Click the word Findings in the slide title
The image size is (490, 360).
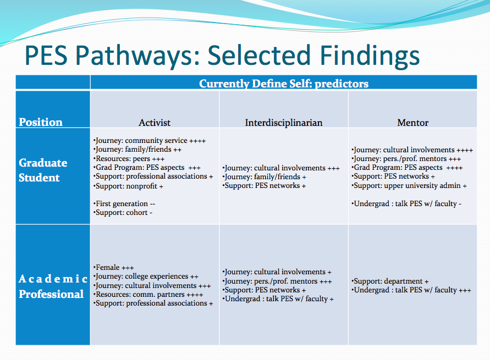[x=370, y=56]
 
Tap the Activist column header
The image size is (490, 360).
[x=155, y=123]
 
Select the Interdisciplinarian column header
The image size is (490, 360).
[x=284, y=123]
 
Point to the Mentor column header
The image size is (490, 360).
[x=413, y=123]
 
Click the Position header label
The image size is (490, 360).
[x=41, y=122]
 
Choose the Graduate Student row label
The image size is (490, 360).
[x=43, y=170]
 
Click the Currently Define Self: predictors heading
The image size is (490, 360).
[x=284, y=84]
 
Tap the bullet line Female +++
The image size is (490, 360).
[x=113, y=268]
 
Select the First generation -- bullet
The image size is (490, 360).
[x=124, y=204]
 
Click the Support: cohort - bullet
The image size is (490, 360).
[x=123, y=213]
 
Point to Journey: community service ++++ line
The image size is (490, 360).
[x=150, y=141]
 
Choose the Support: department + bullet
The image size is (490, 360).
[x=390, y=281]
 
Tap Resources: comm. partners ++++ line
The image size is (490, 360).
[x=148, y=295]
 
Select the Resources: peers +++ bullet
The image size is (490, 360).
[x=129, y=159]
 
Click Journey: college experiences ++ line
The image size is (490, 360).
[x=146, y=276]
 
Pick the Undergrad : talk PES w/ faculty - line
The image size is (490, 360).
[x=406, y=204]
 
